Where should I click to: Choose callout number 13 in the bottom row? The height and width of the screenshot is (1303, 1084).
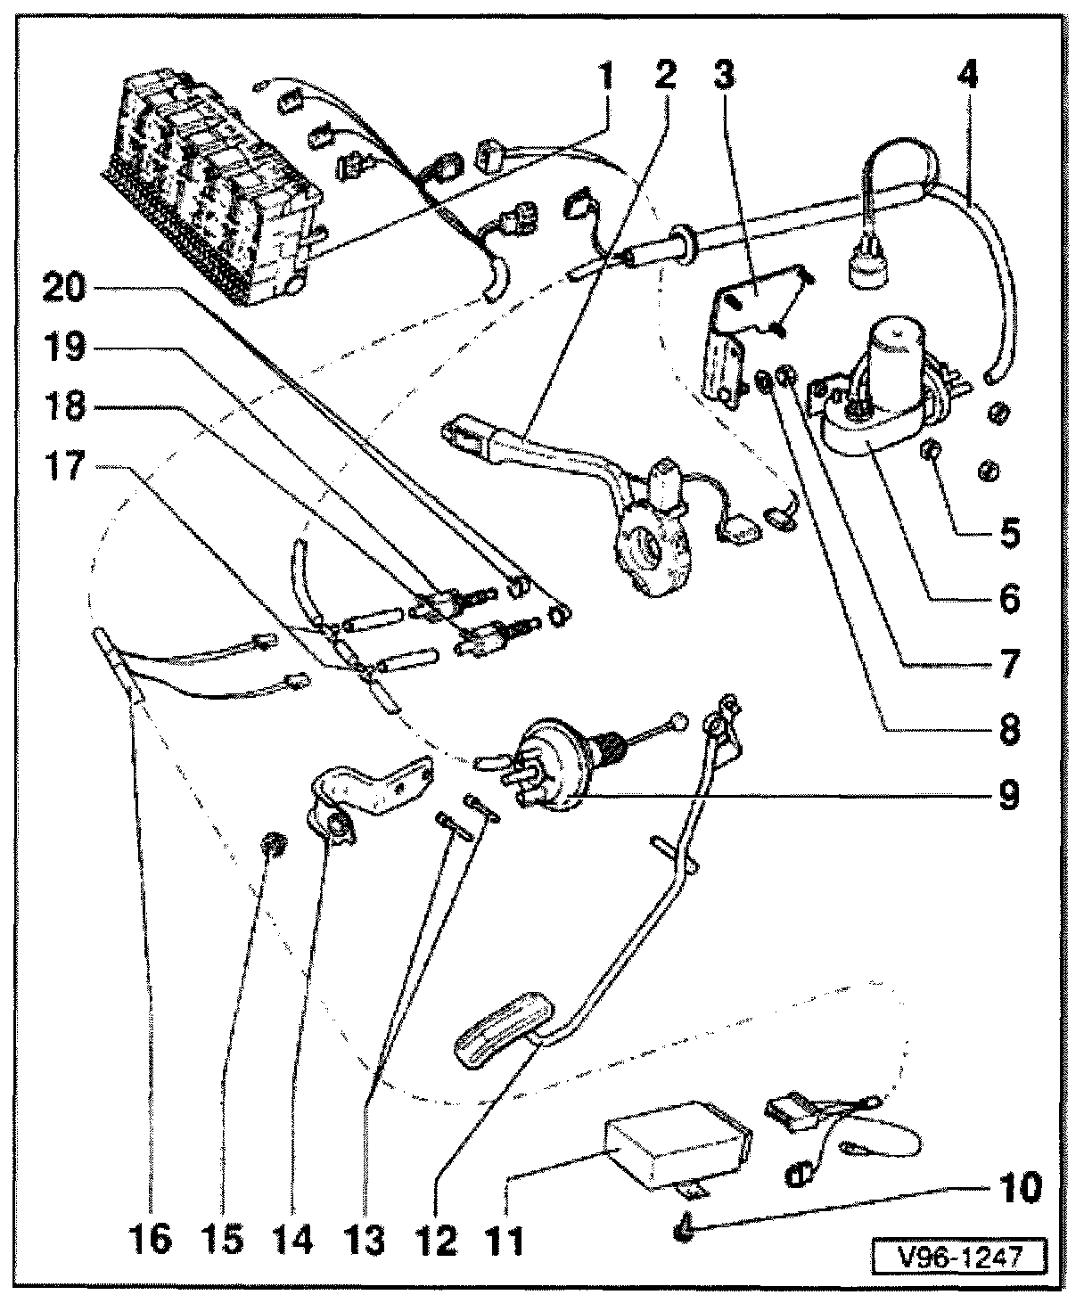click(367, 1238)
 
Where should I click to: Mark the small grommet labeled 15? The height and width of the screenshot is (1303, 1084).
click(272, 842)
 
